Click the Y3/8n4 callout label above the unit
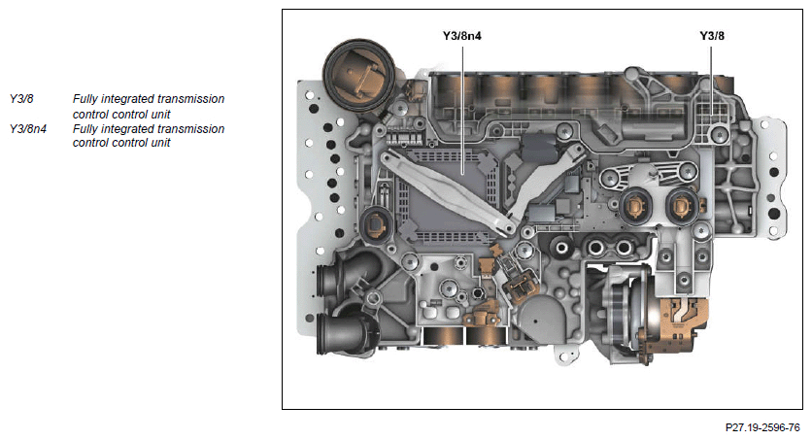pos(463,36)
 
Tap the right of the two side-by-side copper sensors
pos(681,205)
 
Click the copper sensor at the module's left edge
pos(374,227)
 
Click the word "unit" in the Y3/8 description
pos(157,114)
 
